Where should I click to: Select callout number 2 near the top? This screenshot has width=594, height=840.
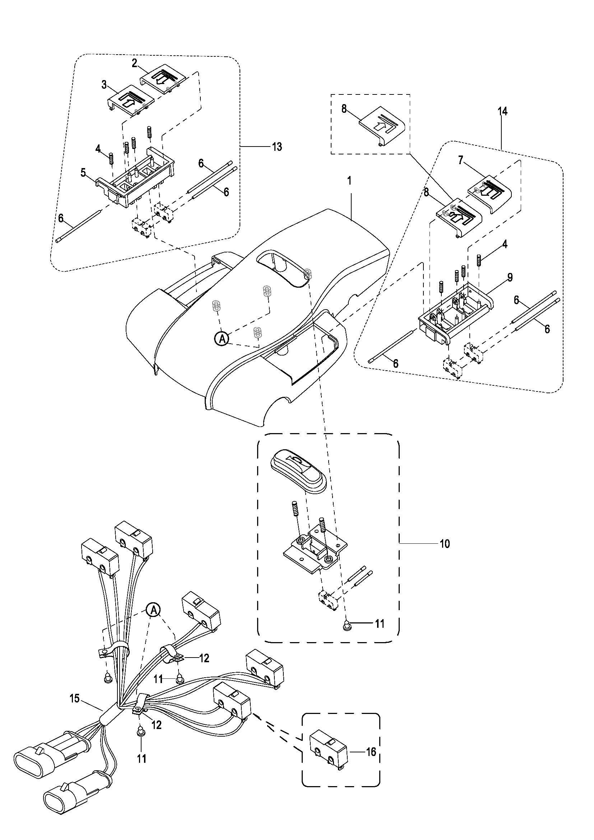(x=135, y=63)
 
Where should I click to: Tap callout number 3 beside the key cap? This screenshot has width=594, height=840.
(x=105, y=85)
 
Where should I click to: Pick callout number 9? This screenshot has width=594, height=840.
(x=510, y=277)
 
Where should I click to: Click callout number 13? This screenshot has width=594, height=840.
(x=277, y=147)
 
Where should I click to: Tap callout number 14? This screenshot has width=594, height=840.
(x=502, y=111)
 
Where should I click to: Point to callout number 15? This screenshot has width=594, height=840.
(x=74, y=698)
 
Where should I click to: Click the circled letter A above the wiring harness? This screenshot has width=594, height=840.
(x=154, y=609)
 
